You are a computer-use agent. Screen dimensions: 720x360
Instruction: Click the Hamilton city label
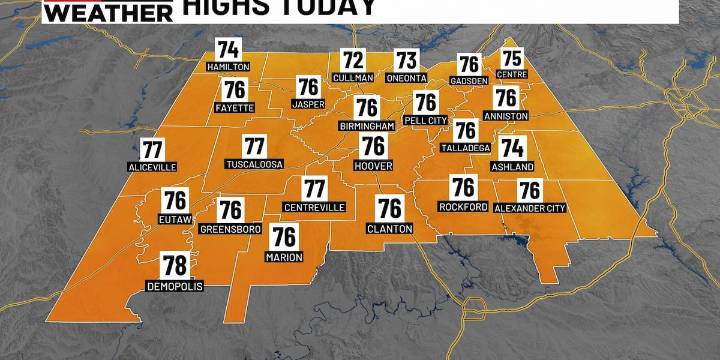pyautogui.click(x=229, y=66)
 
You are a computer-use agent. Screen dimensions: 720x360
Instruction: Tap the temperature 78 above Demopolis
pyautogui.click(x=174, y=265)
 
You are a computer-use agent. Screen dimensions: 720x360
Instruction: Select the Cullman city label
pyautogui.click(x=353, y=78)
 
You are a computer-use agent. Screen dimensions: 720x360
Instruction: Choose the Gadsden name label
pyautogui.click(x=469, y=81)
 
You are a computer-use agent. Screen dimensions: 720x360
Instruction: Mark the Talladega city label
pyautogui.click(x=465, y=147)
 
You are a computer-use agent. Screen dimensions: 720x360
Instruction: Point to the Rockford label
pyautogui.click(x=462, y=206)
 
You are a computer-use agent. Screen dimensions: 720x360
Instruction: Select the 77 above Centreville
pyautogui.click(x=315, y=188)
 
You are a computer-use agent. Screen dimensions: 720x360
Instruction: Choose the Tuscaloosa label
pyautogui.click(x=255, y=163)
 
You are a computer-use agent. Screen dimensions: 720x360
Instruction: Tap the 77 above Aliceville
pyautogui.click(x=152, y=149)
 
